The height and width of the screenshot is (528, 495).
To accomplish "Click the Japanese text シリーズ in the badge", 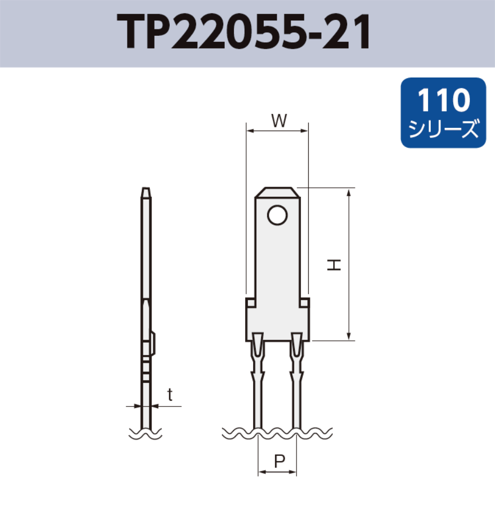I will pos(443,129).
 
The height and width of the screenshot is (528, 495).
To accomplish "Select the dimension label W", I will pos(278,121).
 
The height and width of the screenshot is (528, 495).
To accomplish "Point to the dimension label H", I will pos(334,264).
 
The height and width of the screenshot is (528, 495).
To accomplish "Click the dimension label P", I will pos(278,461).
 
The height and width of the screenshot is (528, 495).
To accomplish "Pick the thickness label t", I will pos(170,395).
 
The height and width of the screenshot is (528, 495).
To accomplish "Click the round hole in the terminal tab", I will pos(278,215).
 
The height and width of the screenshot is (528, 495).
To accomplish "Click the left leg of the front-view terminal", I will pos(258,396).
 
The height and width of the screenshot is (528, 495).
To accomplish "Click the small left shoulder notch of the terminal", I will pos(250,303).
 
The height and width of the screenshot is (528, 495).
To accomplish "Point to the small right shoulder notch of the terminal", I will pos(305,303).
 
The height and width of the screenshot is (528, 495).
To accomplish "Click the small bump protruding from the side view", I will pos(154,342).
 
